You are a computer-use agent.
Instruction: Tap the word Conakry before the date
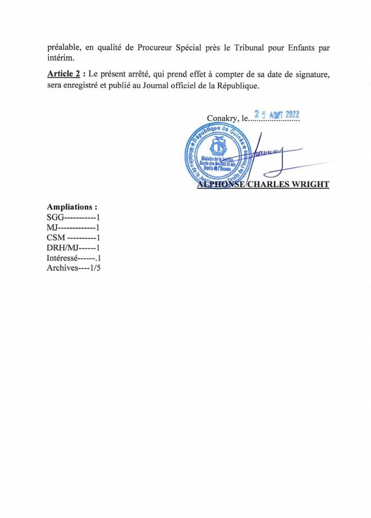point(222,119)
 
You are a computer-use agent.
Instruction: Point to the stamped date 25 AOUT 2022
point(277,115)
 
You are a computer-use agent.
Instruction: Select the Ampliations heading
point(72,207)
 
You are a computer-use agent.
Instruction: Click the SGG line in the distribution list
point(73,217)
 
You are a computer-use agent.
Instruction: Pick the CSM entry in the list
point(73,238)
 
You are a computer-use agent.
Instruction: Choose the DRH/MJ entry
point(73,248)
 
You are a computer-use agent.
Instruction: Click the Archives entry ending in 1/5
point(73,269)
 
